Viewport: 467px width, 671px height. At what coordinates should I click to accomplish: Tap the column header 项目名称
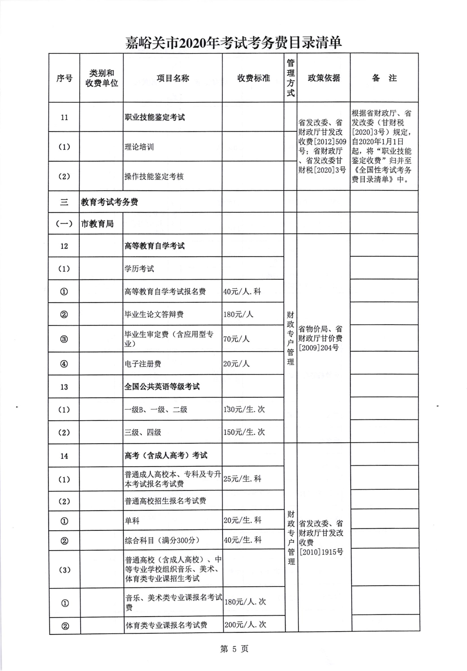[x=172, y=78]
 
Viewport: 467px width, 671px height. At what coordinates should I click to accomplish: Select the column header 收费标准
[x=253, y=78]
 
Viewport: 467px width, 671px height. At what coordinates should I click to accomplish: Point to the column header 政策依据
[x=323, y=78]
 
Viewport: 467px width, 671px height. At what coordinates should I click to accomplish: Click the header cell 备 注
[x=384, y=78]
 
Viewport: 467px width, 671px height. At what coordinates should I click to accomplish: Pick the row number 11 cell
[x=64, y=118]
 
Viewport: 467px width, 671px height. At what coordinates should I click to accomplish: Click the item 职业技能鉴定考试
[x=155, y=118]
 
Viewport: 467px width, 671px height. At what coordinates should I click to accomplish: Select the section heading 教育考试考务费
[x=109, y=202]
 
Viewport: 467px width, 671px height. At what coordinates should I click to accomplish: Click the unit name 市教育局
[x=97, y=224]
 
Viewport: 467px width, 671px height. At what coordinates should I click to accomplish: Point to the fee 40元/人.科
[x=242, y=291]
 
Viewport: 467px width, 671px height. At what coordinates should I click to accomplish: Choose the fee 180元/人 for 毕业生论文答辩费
[x=238, y=314]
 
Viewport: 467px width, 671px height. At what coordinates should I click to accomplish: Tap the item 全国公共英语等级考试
[x=162, y=387]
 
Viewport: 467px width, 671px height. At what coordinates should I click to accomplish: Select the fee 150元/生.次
[x=244, y=432]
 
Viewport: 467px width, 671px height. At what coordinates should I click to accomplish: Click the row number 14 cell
[x=64, y=456]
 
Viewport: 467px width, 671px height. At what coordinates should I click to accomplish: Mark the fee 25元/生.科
[x=242, y=479]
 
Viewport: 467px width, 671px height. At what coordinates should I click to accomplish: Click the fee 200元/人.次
[x=245, y=625]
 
